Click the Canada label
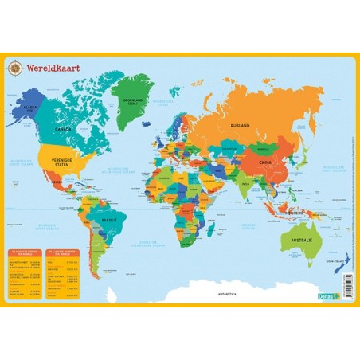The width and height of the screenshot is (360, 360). click(x=63, y=128)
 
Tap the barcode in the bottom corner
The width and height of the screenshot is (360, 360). click(x=347, y=285)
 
